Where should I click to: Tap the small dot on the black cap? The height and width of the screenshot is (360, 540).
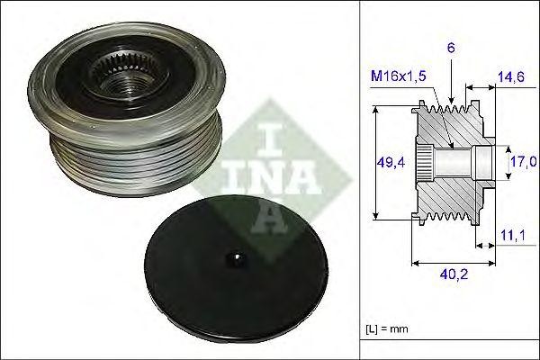tap(236, 259)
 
